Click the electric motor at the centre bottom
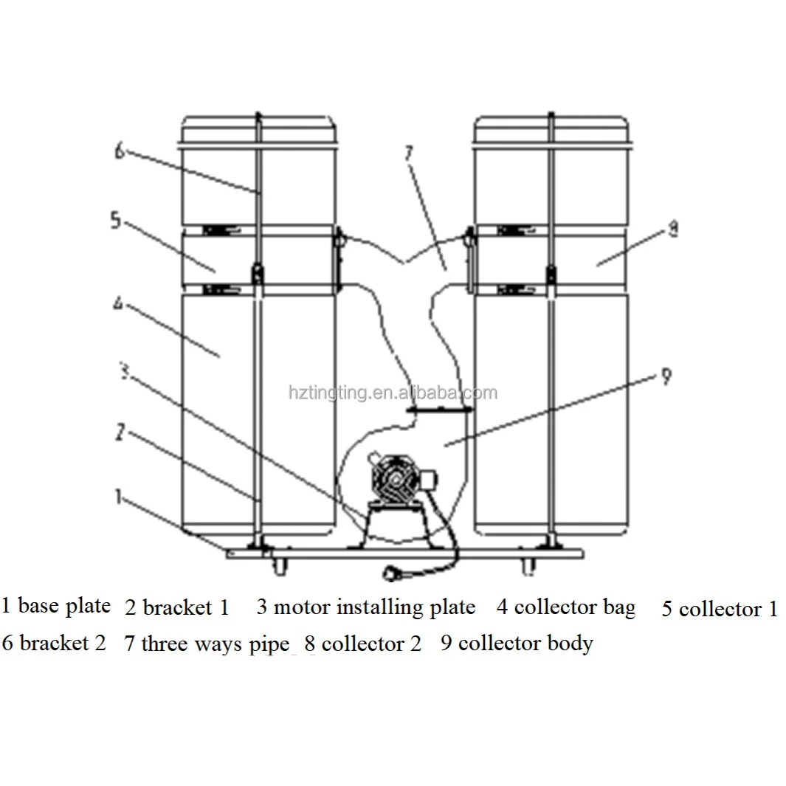click(397, 480)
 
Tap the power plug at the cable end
click(392, 573)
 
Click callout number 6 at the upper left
click(120, 151)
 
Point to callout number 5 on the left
click(116, 220)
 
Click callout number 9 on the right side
click(666, 376)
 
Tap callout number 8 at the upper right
click(673, 229)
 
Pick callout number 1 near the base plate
click(118, 496)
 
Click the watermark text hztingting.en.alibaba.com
click(393, 393)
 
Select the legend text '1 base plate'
click(55, 606)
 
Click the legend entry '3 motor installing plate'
click(366, 607)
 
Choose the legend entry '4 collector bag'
click(566, 607)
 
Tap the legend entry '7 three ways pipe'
click(207, 644)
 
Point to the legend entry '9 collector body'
click(517, 644)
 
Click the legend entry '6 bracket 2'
click(54, 643)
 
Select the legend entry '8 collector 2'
click(363, 644)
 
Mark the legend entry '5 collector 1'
click(720, 609)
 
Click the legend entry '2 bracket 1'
click(177, 607)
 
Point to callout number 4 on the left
click(118, 303)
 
